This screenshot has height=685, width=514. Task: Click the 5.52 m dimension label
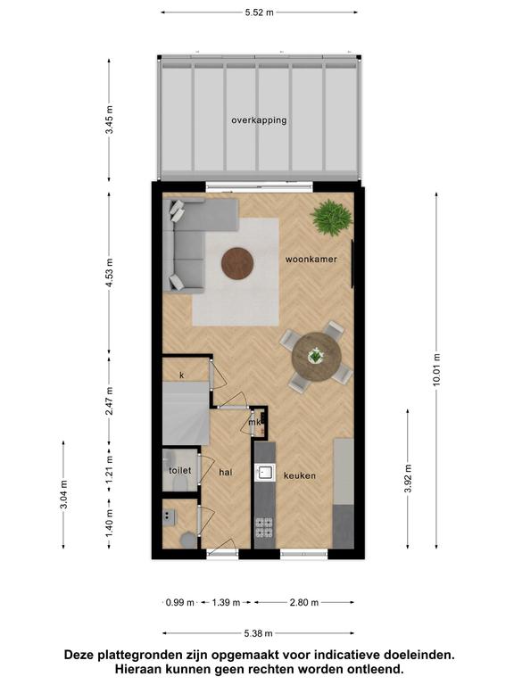pos(259,12)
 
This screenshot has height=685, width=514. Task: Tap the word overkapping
pos(259,120)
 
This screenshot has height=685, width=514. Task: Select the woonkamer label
pos(311,259)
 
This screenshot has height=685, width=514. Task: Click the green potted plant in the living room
pos(331,218)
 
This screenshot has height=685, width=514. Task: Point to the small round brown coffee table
pos(237,263)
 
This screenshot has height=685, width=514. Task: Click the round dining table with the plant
pos(317,357)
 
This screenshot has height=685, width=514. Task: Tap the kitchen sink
pos(265,472)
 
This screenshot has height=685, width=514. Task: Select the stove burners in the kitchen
pos(264,527)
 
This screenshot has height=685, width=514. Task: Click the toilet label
pos(180,471)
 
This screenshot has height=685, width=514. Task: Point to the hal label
pos(226,472)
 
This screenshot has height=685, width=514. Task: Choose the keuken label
pos(300,475)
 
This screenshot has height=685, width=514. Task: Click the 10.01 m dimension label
pos(436,370)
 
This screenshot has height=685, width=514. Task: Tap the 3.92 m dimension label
pos(408,478)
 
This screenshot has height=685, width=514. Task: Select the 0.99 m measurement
pos(180,602)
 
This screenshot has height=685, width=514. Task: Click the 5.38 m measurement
pos(258,633)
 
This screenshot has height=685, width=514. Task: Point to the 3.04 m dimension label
pos(64,494)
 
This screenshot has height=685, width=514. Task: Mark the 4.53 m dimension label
pos(109,273)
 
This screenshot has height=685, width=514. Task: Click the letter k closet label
pos(182,376)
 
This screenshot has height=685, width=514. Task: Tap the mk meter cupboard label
pos(254,423)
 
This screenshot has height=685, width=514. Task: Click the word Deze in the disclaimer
pos(80,655)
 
